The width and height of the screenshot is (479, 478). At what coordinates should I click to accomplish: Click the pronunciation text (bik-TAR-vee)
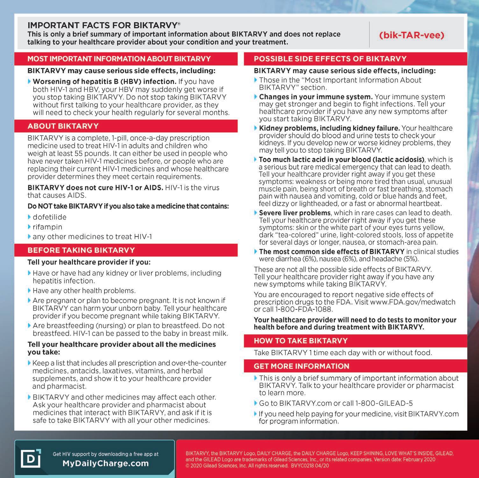pos(411,35)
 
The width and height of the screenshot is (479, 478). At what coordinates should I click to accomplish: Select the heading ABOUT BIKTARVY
pos(63,126)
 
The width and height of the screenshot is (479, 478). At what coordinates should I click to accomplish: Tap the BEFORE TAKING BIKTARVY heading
pos(81,250)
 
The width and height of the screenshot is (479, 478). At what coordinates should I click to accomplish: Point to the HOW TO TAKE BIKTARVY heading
pos(300,341)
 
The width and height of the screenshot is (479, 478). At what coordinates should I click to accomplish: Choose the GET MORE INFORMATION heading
pos(301,366)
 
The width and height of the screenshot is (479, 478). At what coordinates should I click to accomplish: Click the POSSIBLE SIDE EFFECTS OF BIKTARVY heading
pos(330,59)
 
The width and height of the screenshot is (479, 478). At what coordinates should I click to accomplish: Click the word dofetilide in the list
pos(50,217)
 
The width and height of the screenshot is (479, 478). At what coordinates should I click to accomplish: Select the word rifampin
pos(47,227)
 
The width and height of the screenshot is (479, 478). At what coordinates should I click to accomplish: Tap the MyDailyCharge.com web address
pos(105,463)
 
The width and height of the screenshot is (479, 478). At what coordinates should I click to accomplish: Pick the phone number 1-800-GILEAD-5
pos(384,403)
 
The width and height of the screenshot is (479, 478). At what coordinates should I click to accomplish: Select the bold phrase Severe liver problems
pos(295,213)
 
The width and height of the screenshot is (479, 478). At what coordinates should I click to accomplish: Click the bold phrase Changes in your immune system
pos(316,97)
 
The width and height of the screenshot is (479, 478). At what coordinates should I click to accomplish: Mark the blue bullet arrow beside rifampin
pos(30,227)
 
